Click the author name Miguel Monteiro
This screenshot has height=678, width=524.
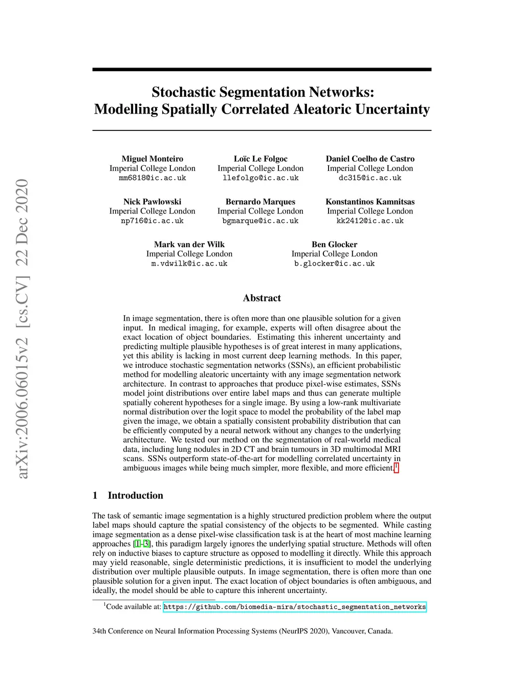pyautogui.click(x=152, y=159)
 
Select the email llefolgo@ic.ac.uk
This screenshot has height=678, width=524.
pyautogui.click(x=260, y=178)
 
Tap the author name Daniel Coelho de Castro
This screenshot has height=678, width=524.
pyautogui.click(x=370, y=159)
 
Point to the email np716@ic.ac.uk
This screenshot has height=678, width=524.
pyautogui.click(x=152, y=221)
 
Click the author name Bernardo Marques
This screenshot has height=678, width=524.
pyautogui.click(x=260, y=202)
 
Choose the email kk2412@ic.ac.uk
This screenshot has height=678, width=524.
pyautogui.click(x=370, y=221)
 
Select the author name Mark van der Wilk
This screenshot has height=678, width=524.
pyautogui.click(x=189, y=245)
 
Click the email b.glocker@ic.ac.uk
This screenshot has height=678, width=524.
pyautogui.click(x=334, y=264)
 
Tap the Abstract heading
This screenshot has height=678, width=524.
pyautogui.click(x=262, y=298)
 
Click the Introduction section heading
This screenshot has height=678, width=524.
pyautogui.click(x=135, y=495)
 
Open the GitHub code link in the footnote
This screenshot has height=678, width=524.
pyautogui.click(x=295, y=607)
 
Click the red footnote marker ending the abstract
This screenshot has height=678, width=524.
pyautogui.click(x=397, y=467)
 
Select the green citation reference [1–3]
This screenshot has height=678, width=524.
pyautogui.click(x=142, y=544)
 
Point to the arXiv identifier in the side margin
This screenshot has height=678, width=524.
pyautogui.click(x=22, y=329)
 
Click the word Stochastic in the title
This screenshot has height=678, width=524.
pyautogui.click(x=184, y=92)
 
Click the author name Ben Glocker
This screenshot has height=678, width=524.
pyautogui.click(x=334, y=245)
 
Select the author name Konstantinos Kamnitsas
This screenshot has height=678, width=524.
pyautogui.click(x=370, y=202)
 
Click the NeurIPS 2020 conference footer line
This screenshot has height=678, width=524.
pyautogui.click(x=243, y=631)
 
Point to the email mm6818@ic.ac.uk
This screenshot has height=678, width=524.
pyautogui.click(x=152, y=178)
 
